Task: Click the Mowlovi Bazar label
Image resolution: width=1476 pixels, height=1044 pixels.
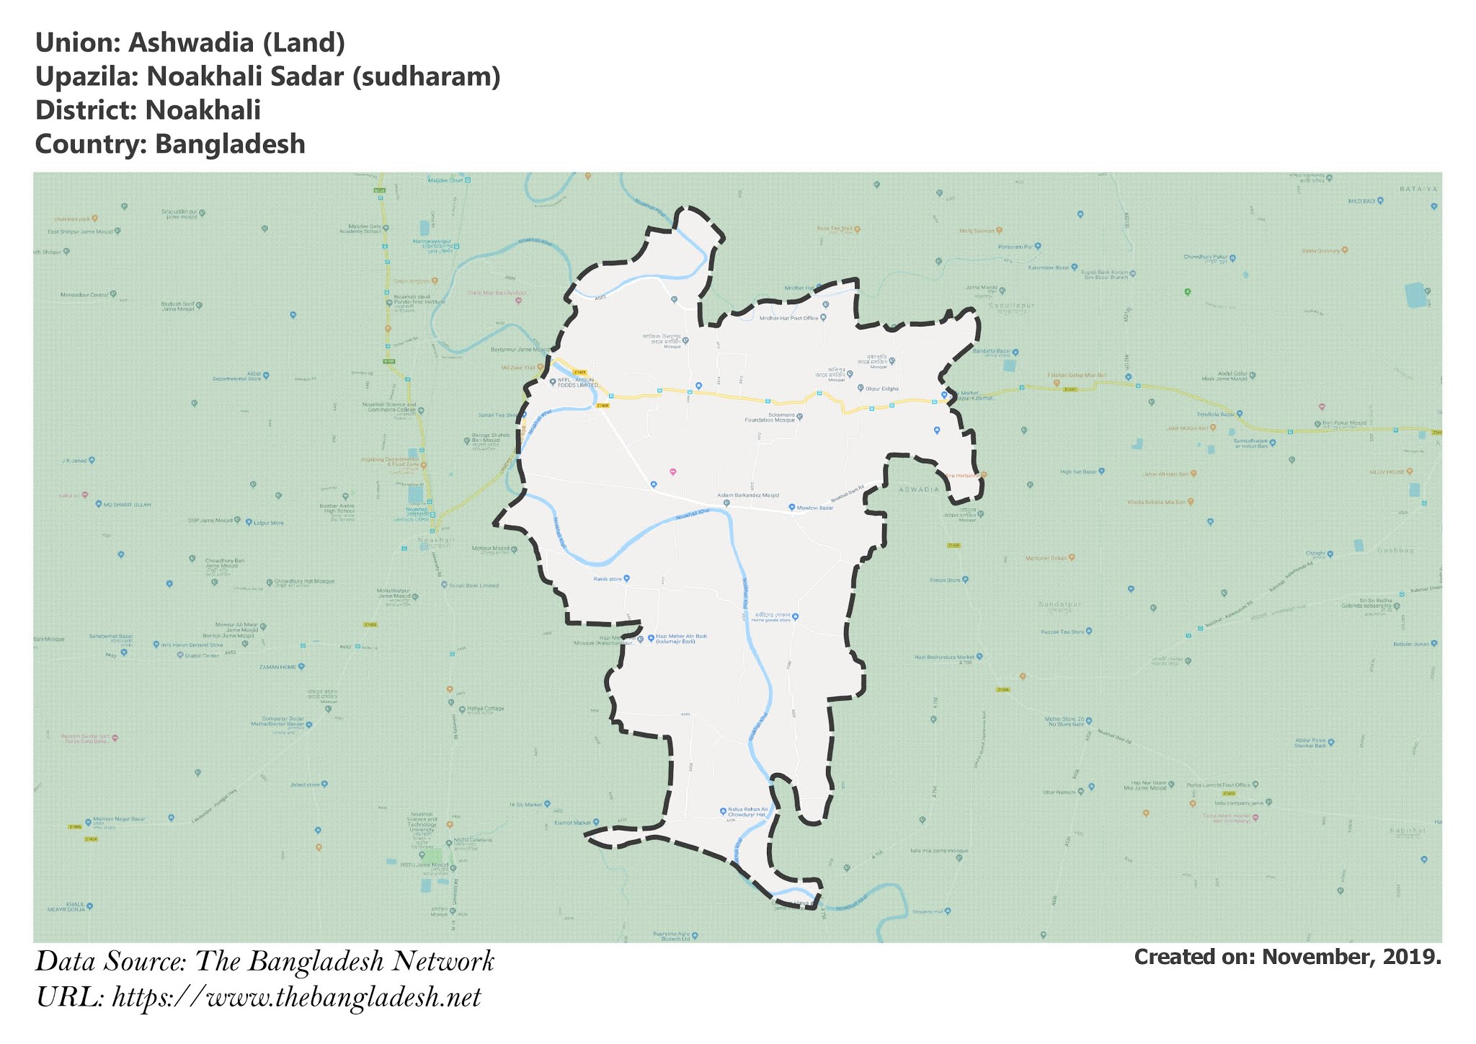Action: [x=815, y=508]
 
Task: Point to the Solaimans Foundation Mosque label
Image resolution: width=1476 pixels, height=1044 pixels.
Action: [x=771, y=417]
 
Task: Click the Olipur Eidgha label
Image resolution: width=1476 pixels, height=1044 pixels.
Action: [x=881, y=389]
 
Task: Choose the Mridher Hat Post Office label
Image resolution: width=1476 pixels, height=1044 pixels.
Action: [x=789, y=318]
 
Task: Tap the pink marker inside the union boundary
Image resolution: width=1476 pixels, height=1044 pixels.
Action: [x=672, y=472]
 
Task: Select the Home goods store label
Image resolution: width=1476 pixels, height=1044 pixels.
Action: [x=770, y=618]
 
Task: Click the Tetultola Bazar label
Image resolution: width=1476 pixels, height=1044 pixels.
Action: [x=1215, y=415]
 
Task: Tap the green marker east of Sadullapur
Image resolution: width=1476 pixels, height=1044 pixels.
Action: [x=1187, y=291]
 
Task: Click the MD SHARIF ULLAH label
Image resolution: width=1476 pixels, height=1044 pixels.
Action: [x=128, y=505]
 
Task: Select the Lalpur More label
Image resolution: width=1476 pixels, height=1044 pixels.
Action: [x=268, y=523]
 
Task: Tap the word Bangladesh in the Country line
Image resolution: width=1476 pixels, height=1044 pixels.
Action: [x=230, y=144]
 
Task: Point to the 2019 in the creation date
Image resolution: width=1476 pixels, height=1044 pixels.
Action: [x=1413, y=957]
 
